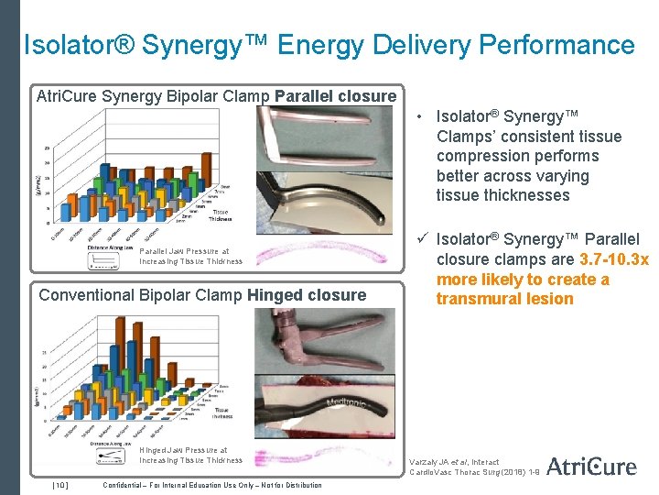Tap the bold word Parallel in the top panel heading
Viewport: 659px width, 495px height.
[x=308, y=96]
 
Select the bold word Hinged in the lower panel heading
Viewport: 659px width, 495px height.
[x=284, y=295]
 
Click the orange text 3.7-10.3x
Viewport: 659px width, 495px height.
[x=614, y=260]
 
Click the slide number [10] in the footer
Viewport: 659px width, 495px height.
[x=59, y=485]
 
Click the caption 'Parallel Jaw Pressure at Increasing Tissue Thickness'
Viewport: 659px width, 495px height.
[x=190, y=256]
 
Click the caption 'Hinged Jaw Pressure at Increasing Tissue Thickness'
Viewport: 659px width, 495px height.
[x=190, y=456]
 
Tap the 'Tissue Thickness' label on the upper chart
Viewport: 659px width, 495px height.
[x=221, y=215]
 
